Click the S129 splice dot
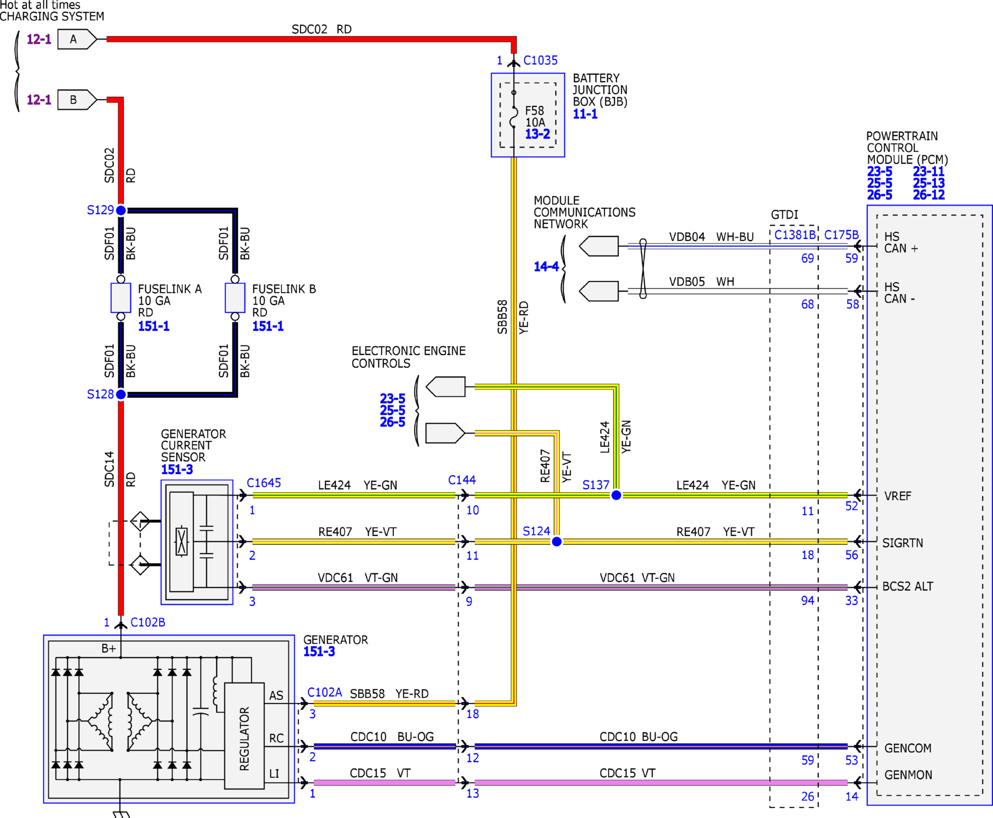(x=121, y=210)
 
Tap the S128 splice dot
(x=121, y=395)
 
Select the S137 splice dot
(x=616, y=495)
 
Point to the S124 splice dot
(x=557, y=541)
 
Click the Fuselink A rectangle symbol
(x=121, y=298)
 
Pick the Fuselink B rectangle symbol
(x=235, y=298)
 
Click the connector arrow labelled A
(x=77, y=39)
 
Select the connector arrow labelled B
(x=77, y=99)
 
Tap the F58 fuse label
(x=535, y=111)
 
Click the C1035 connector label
(x=540, y=60)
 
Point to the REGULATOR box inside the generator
(x=244, y=736)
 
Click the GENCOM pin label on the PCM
(x=908, y=748)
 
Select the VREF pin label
(x=897, y=496)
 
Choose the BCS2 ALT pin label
(x=907, y=586)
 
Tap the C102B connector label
(x=148, y=623)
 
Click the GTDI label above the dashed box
(x=784, y=215)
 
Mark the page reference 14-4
(x=546, y=267)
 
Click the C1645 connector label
(x=264, y=483)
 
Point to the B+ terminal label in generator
(x=109, y=648)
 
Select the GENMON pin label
(x=908, y=775)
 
